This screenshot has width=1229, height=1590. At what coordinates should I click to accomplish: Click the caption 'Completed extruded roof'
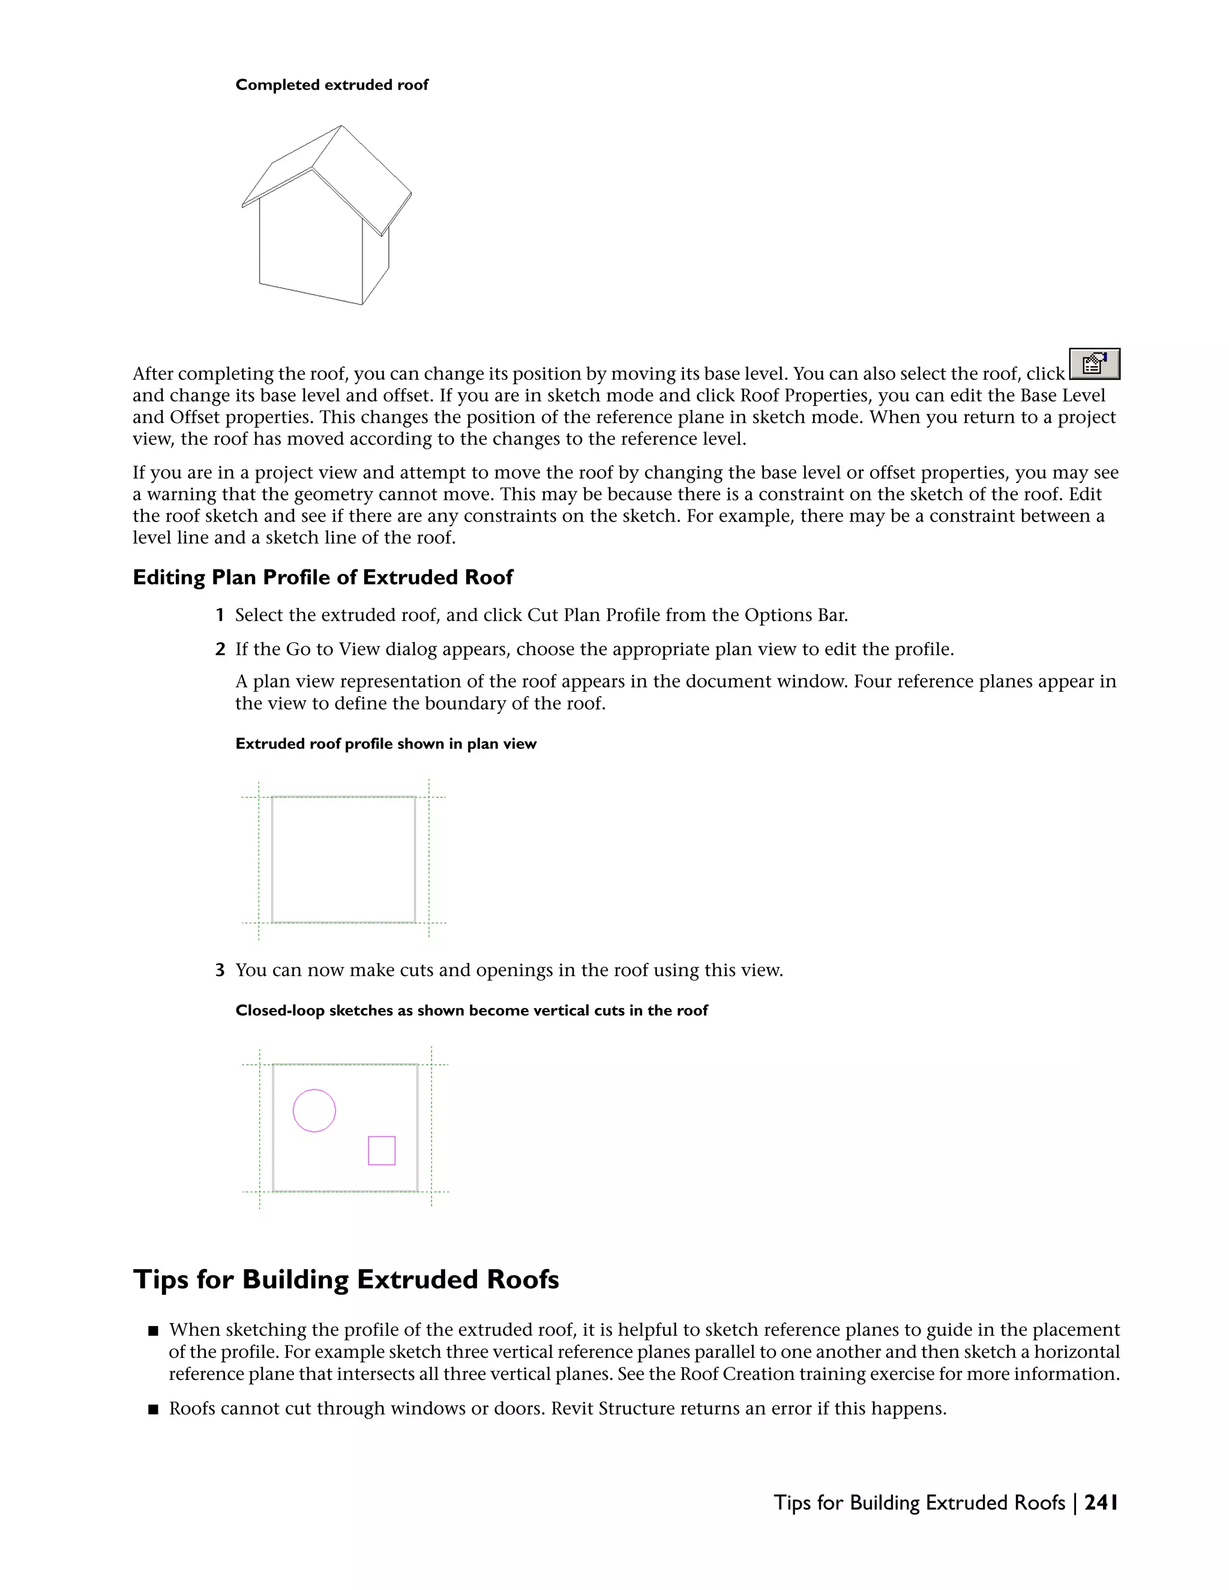point(332,85)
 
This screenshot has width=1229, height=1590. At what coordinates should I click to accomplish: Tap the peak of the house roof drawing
point(341,127)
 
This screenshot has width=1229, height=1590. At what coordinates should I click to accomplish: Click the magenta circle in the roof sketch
point(314,1110)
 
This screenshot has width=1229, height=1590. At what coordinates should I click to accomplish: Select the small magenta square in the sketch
point(382,1150)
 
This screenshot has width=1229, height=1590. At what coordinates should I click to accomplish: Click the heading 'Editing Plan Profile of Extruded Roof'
point(322,577)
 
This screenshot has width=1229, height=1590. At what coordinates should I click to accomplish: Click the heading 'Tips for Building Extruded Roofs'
point(346,1279)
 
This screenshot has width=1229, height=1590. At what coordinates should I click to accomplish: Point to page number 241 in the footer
point(1100,1502)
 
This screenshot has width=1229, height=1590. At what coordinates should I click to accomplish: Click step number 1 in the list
point(219,615)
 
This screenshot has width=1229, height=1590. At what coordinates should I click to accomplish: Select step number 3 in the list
point(219,970)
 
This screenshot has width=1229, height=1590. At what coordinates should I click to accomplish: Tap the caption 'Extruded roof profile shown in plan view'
point(386,744)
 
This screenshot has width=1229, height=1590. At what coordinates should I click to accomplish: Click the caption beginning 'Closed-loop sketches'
point(471,1010)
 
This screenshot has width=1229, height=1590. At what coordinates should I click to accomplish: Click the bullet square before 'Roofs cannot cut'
point(153,1409)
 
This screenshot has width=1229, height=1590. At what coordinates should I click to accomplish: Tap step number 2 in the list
point(219,649)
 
